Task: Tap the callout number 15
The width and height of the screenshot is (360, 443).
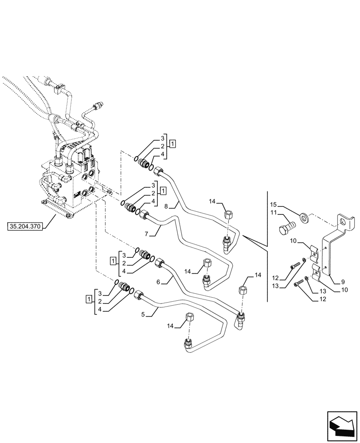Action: [x=274, y=204]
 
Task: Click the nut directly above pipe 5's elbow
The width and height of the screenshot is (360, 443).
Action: [x=190, y=318]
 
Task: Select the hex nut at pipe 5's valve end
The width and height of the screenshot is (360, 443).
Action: [x=138, y=294]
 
